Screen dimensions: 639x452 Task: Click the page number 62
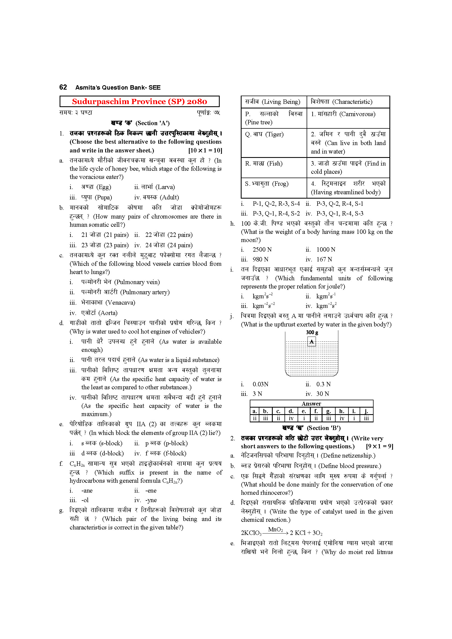click(x=63, y=87)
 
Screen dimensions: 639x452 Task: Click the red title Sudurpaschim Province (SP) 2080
click(x=139, y=102)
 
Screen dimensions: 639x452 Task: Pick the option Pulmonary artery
click(x=125, y=292)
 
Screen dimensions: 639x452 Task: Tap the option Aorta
click(x=99, y=313)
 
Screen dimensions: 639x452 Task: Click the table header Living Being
click(x=273, y=102)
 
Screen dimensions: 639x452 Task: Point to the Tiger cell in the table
click(x=265, y=134)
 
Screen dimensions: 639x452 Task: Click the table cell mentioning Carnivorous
click(x=343, y=114)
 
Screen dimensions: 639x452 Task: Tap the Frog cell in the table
click(x=267, y=184)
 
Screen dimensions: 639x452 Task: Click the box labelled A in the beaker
click(x=312, y=342)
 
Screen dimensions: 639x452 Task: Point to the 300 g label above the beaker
click(x=312, y=332)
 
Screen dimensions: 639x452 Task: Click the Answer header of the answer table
click(x=311, y=404)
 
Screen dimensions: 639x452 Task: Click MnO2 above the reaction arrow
click(x=275, y=530)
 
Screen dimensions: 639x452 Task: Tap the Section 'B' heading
click(x=311, y=428)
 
